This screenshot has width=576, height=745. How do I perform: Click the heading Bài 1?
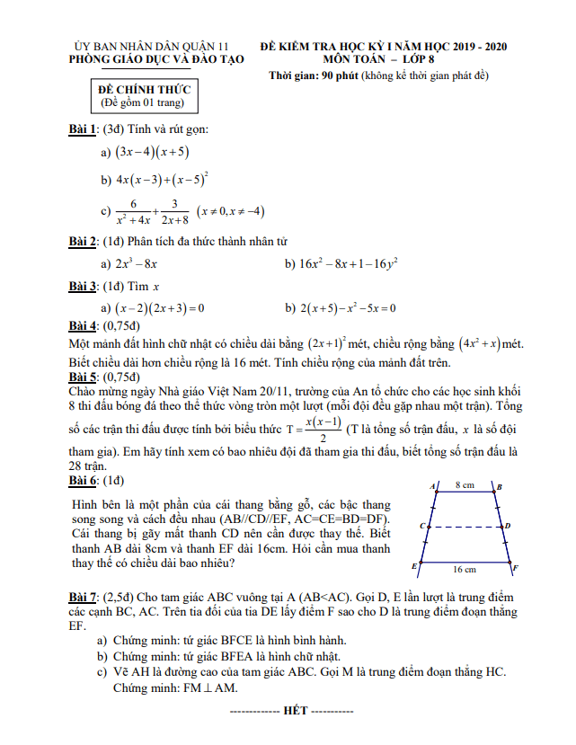coord(84,129)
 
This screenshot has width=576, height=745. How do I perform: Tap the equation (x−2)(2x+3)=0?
coord(160,308)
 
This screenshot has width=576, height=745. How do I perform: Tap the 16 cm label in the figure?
coord(464,570)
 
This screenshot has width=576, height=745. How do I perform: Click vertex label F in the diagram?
coord(515,568)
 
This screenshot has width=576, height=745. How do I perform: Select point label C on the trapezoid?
coord(421,525)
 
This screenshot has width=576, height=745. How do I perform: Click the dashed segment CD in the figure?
coord(464,526)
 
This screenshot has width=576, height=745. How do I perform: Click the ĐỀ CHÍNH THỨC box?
coord(144,96)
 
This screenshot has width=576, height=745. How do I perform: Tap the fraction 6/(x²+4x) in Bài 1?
coord(132,212)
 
